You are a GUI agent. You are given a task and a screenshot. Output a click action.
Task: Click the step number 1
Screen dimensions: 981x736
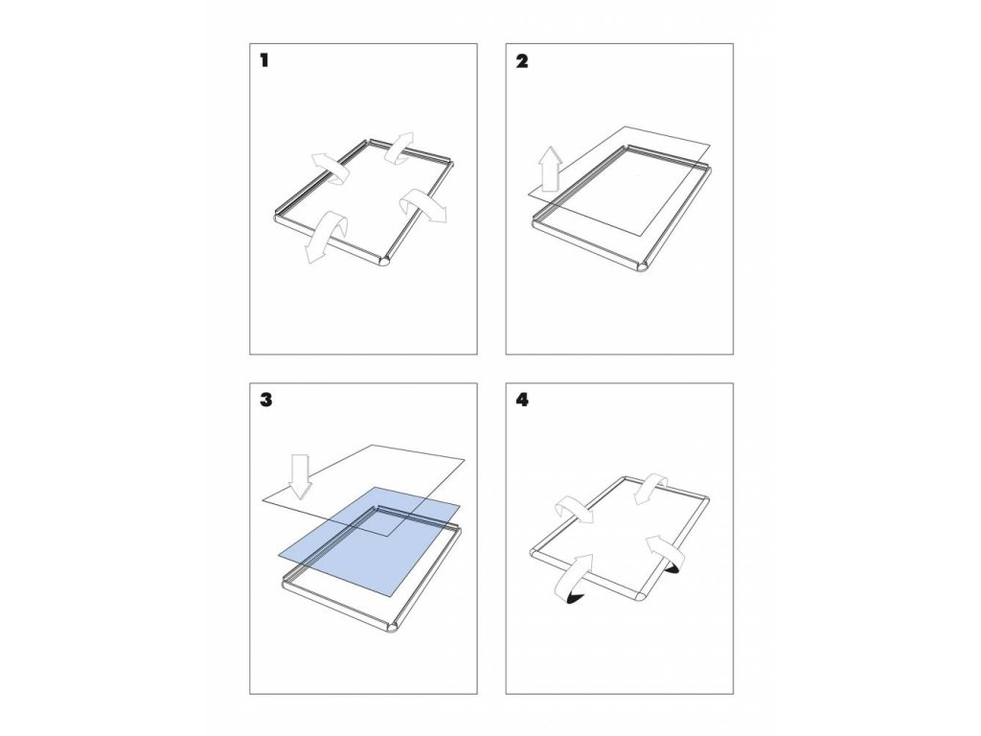click(x=264, y=60)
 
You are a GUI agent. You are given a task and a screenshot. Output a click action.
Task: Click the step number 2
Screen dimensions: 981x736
click(x=522, y=60)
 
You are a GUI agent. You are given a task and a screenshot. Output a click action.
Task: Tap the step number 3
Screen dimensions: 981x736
click(x=266, y=400)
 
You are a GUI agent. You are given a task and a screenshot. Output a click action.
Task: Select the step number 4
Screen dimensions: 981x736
click(x=522, y=400)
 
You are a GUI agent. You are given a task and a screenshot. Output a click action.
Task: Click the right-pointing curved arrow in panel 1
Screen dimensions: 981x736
click(x=422, y=205)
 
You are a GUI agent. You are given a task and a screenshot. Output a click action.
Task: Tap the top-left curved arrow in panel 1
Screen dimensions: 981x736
click(x=331, y=168)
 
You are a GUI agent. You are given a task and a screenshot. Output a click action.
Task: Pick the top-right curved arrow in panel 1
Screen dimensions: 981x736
click(x=400, y=148)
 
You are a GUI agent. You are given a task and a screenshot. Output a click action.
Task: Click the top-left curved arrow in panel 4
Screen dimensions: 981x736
click(x=576, y=508)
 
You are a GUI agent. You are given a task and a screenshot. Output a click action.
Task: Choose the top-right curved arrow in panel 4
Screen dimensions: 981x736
click(x=651, y=488)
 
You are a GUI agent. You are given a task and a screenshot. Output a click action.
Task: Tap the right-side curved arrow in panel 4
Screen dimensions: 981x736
click(x=665, y=551)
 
